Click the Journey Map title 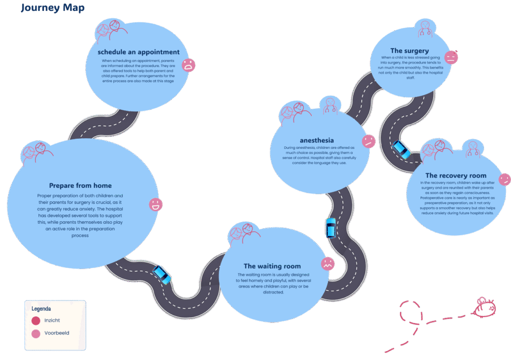(52, 8)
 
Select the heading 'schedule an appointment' (139, 52)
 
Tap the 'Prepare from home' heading (80, 186)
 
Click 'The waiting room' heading (272, 266)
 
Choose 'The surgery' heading (409, 51)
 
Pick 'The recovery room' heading (456, 176)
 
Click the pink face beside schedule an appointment (188, 65)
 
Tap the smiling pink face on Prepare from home (156, 204)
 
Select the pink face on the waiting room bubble (327, 263)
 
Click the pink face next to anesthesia (368, 141)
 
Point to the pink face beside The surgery (451, 57)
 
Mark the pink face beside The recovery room (504, 179)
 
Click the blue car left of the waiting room (162, 274)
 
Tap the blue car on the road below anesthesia (330, 228)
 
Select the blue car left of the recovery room (401, 150)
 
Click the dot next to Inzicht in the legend (36, 321)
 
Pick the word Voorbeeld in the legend (57, 333)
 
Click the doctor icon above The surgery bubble (425, 28)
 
